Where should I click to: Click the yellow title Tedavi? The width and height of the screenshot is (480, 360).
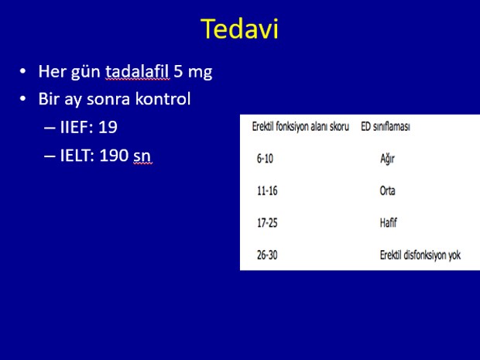239,29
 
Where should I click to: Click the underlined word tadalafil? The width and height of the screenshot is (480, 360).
138,72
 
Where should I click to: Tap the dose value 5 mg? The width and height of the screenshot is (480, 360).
194,72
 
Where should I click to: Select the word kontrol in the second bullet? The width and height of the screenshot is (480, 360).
163,99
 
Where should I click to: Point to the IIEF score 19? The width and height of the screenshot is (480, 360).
108,127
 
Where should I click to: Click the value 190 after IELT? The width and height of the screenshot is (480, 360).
114,155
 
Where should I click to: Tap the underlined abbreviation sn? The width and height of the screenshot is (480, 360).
142,156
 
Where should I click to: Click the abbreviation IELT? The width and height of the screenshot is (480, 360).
77,155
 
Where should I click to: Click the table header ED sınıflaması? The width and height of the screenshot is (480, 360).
386,126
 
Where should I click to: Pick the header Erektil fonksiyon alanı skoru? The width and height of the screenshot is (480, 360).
300,126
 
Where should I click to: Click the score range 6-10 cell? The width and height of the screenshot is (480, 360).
265,159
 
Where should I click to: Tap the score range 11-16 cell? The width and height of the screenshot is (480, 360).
267,190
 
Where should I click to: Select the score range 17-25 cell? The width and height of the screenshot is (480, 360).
267,223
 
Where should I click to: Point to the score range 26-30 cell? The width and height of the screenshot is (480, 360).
267,255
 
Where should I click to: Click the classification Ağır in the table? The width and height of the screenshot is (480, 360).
387,159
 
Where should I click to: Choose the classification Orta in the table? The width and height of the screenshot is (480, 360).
387,190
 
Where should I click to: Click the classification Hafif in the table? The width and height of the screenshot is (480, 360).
388,222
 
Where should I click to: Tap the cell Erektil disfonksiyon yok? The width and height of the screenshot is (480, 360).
420,255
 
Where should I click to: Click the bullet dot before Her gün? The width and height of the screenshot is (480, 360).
22,72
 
